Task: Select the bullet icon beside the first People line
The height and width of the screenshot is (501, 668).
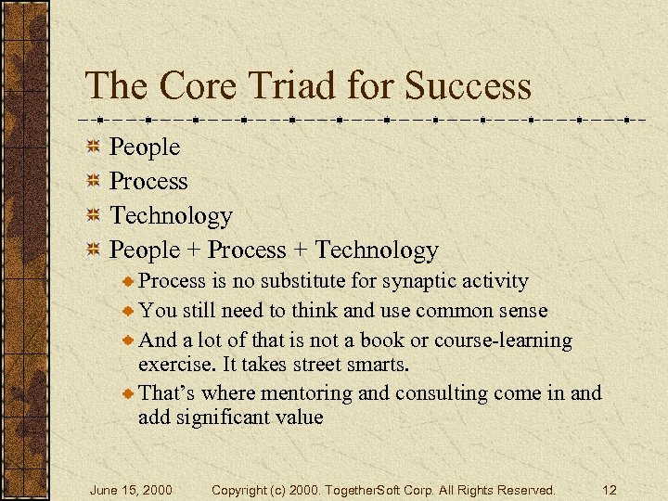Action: click(93, 148)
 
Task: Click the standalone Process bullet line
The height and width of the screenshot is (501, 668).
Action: click(148, 182)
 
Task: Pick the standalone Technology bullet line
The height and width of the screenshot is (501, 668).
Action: click(171, 216)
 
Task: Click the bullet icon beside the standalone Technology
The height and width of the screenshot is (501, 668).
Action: click(93, 216)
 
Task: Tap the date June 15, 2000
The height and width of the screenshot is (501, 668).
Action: click(130, 490)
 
